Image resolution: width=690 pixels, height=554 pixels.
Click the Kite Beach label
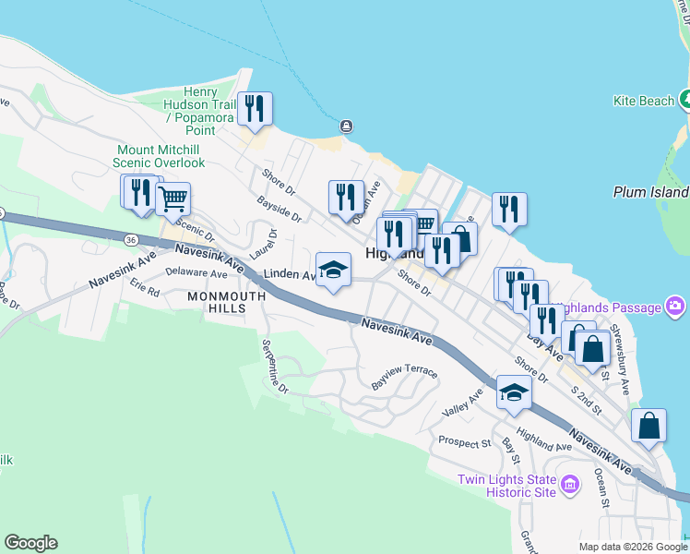tap(645, 101)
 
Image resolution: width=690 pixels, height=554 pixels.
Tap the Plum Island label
tap(651, 192)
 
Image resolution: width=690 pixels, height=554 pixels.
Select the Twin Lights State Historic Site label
tap(508, 486)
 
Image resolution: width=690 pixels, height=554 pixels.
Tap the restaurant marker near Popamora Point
tap(253, 109)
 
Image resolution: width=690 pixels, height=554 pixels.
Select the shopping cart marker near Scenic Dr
tap(172, 198)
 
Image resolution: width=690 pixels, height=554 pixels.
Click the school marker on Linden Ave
tap(333, 270)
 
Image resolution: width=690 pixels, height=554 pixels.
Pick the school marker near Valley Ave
tap(514, 392)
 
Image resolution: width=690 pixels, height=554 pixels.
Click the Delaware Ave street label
tap(196, 274)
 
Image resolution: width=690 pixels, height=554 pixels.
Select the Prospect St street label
tap(464, 442)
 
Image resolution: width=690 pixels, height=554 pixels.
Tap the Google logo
tap(30, 543)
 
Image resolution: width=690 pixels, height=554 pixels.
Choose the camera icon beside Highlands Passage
tap(675, 307)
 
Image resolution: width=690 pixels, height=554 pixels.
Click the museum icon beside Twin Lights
tap(569, 484)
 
